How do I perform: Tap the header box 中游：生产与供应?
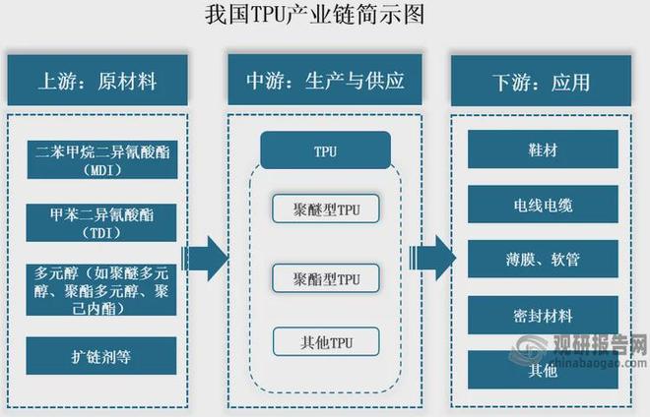pyautogui.click(x=324, y=79)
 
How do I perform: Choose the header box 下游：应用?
pyautogui.click(x=548, y=79)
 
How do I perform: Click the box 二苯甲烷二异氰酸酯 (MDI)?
pyautogui.click(x=100, y=159)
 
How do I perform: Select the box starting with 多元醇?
pyautogui.click(x=100, y=288)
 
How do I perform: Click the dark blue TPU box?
pyautogui.click(x=324, y=152)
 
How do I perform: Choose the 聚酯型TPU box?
pyautogui.click(x=324, y=278)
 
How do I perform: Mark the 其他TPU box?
pyautogui.click(x=324, y=342)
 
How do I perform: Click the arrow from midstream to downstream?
pyautogui.click(x=432, y=259)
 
